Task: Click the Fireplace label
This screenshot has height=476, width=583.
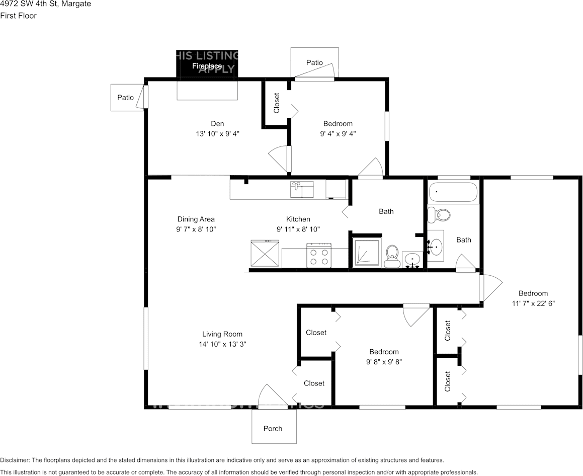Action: [207, 66]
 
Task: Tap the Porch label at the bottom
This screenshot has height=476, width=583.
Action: [273, 429]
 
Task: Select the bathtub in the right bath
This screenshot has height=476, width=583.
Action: [453, 192]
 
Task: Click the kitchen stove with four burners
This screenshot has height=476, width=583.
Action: [319, 255]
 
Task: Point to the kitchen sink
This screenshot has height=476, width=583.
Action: [301, 190]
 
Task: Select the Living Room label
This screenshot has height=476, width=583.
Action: [222, 334]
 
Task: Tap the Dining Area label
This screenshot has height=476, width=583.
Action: [196, 219]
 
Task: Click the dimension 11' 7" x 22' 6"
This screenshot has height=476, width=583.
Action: [533, 303]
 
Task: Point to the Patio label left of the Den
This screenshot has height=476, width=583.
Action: [125, 97]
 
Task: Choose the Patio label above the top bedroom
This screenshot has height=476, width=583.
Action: [314, 62]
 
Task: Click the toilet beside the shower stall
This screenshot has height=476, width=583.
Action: [391, 256]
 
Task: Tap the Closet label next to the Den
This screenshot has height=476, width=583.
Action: [277, 103]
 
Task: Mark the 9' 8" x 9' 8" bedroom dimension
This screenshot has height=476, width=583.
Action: [384, 362]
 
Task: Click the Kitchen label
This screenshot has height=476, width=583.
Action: [298, 219]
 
